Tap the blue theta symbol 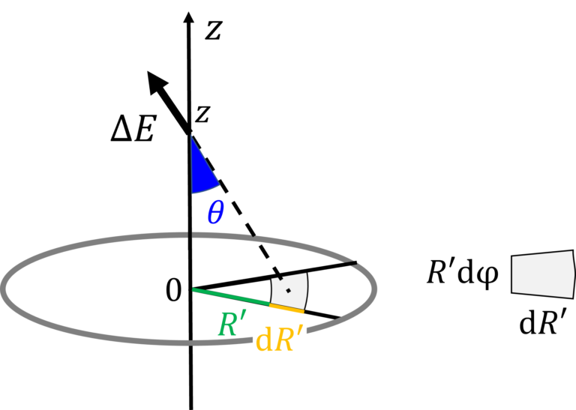(x=215, y=213)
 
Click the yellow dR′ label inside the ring (x=280, y=339)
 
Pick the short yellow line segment (x=286, y=308)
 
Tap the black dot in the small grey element (x=288, y=290)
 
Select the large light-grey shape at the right (x=543, y=274)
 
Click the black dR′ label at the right (x=543, y=322)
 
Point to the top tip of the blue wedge (x=191, y=136)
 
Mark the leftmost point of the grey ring (x=3, y=288)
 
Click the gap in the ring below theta (x=189, y=235)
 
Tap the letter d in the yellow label (x=263, y=340)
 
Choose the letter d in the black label (x=527, y=323)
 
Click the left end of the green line (x=193, y=289)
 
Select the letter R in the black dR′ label (x=550, y=323)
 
